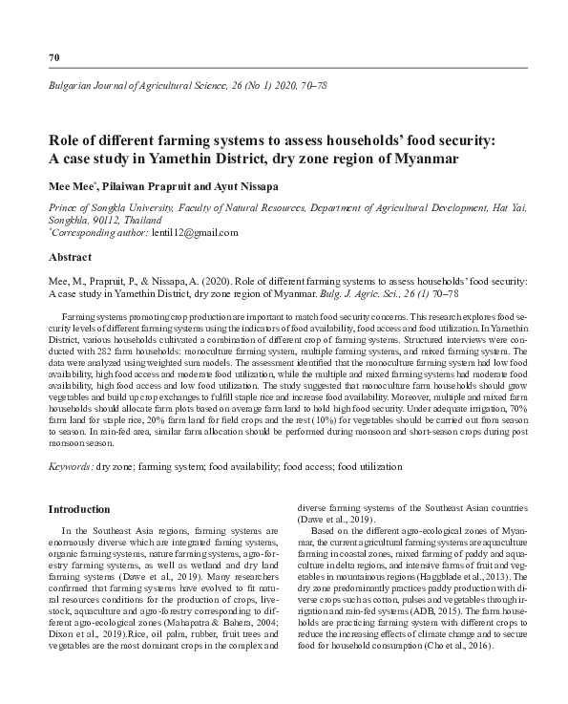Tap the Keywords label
click(x=70, y=466)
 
